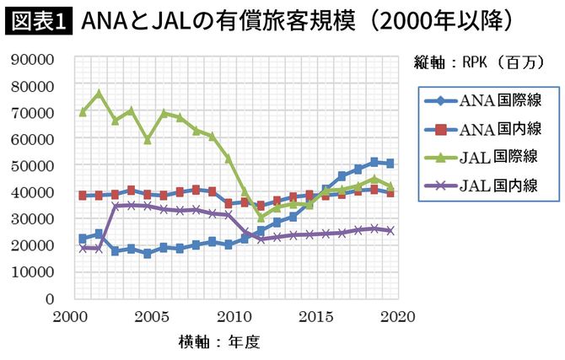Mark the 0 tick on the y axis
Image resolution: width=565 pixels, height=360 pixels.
(x=51, y=298)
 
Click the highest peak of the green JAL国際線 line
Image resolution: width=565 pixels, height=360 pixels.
(x=99, y=93)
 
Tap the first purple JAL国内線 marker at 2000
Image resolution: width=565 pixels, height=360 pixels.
(x=83, y=248)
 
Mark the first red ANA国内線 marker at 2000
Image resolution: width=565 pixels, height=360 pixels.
(x=83, y=196)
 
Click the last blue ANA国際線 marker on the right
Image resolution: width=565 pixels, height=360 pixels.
(x=389, y=164)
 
